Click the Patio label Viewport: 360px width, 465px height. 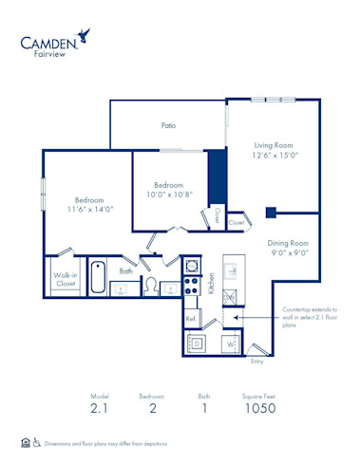pyautogui.click(x=167, y=124)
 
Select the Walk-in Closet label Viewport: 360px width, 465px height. pyautogui.click(x=66, y=279)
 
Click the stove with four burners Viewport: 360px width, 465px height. pyautogui.click(x=191, y=287)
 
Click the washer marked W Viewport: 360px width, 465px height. pyautogui.click(x=229, y=344)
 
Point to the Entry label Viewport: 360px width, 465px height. pyautogui.click(x=256, y=362)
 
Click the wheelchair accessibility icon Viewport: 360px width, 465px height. pyautogui.click(x=37, y=442)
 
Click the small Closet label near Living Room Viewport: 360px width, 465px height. pyautogui.click(x=218, y=215)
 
